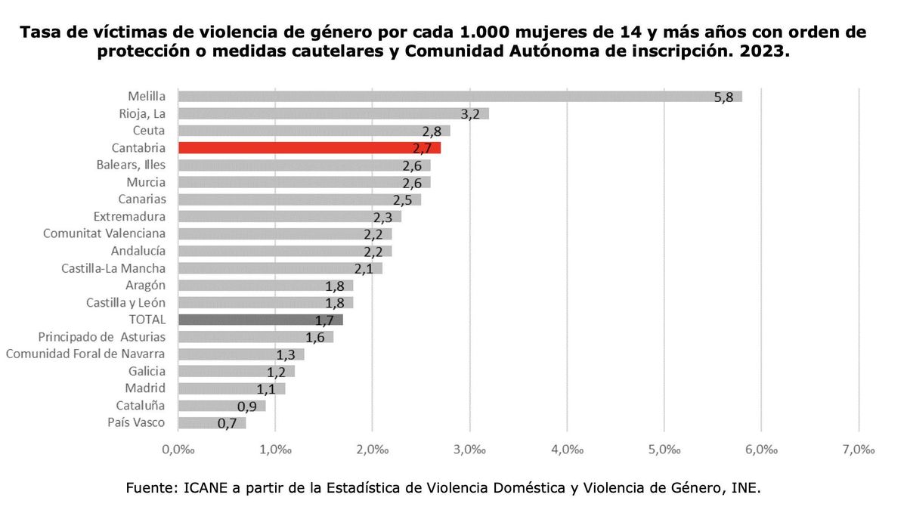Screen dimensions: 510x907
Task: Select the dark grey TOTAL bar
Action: pyautogui.click(x=260, y=320)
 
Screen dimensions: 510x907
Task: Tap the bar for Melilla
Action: pyautogui.click(x=459, y=96)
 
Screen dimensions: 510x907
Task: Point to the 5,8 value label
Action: pyautogui.click(x=723, y=98)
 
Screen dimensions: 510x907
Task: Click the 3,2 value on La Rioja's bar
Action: pyautogui.click(x=470, y=115)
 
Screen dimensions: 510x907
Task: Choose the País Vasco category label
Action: pyautogui.click(x=136, y=422)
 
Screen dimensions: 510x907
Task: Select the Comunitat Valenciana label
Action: pyautogui.click(x=104, y=233)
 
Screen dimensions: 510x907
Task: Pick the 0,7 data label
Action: pyautogui.click(x=227, y=424)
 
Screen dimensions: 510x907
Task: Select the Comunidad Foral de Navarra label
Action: pyautogui.click(x=85, y=354)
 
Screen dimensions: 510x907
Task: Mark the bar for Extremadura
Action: pyautogui.click(x=289, y=216)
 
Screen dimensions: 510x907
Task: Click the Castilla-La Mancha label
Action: pyautogui.click(x=113, y=268)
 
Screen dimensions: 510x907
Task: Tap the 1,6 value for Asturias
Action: pyautogui.click(x=314, y=338)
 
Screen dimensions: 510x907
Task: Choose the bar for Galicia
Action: pyautogui.click(x=236, y=371)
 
